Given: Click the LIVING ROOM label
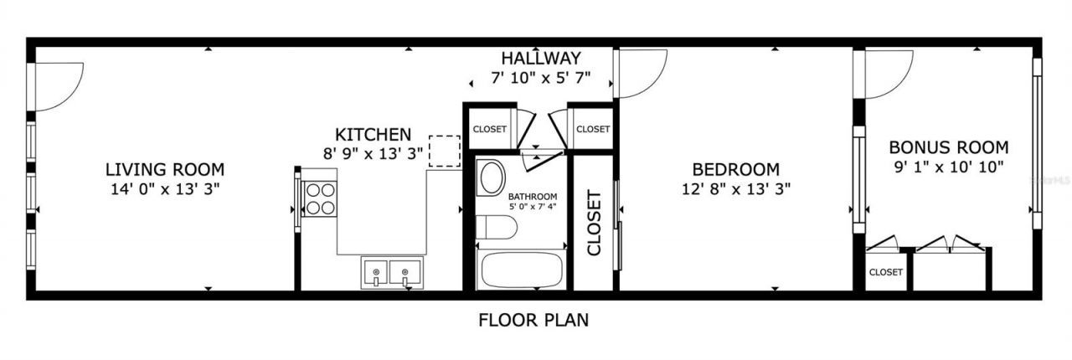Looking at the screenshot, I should pyautogui.click(x=165, y=168).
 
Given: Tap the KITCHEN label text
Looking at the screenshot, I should pyautogui.click(x=373, y=134).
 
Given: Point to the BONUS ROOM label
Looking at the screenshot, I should pyautogui.click(x=948, y=147).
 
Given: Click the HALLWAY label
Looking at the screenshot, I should pyautogui.click(x=541, y=59).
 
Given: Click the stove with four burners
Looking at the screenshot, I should pyautogui.click(x=318, y=199).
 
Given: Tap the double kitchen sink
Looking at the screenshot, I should pyautogui.click(x=391, y=273).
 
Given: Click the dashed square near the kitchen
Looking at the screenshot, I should pyautogui.click(x=444, y=152).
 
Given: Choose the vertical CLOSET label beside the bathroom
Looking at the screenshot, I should pyautogui.click(x=594, y=223).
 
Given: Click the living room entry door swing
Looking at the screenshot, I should pyautogui.click(x=57, y=86).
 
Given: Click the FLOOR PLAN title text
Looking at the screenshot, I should pyautogui.click(x=533, y=319).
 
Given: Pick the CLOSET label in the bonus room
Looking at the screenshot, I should pyautogui.click(x=885, y=272).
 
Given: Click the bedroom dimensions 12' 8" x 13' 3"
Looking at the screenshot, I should pyautogui.click(x=736, y=188).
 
